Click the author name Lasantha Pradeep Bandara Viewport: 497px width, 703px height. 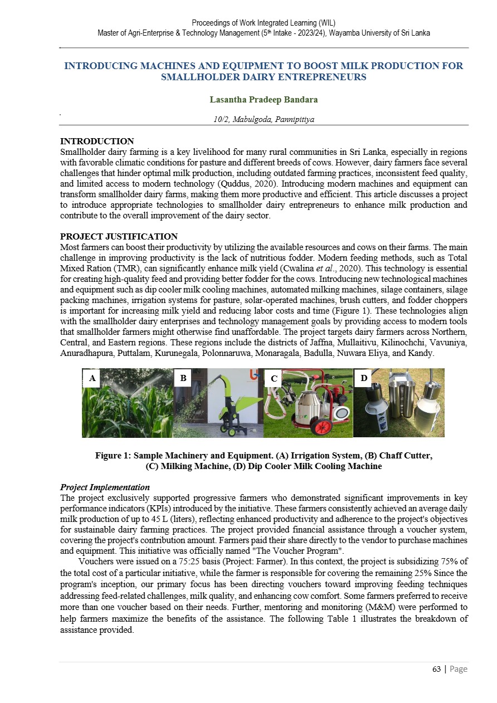coord(264,100)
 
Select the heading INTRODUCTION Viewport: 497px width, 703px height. coord(97,141)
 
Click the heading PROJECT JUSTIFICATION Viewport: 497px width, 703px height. coord(119,237)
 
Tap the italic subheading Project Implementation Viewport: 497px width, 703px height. coord(105,487)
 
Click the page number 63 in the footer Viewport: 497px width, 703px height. coord(437,669)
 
